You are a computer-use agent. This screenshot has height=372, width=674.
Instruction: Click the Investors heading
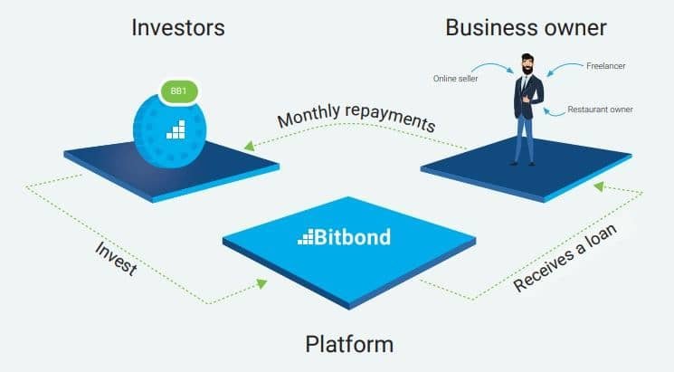pyautogui.click(x=178, y=28)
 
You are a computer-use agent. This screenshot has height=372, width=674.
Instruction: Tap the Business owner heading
pyautogui.click(x=526, y=28)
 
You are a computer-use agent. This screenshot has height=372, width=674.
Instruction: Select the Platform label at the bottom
pyautogui.click(x=349, y=345)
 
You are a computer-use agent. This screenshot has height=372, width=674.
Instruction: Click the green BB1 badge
pyautogui.click(x=179, y=91)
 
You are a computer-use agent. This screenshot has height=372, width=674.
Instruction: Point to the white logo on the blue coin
pyautogui.click(x=176, y=129)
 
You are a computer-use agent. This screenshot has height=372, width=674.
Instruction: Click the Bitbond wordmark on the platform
pyautogui.click(x=344, y=237)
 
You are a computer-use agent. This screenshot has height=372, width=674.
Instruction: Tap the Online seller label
pyautogui.click(x=455, y=79)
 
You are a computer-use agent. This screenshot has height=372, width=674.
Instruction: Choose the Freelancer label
pyautogui.click(x=605, y=66)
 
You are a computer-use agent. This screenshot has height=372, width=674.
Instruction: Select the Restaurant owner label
pyautogui.click(x=600, y=110)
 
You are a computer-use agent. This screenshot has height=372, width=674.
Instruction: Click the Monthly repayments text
pyautogui.click(x=356, y=117)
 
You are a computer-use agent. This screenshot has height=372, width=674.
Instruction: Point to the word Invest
pyautogui.click(x=116, y=258)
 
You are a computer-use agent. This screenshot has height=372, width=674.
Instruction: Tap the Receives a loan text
pyautogui.click(x=565, y=257)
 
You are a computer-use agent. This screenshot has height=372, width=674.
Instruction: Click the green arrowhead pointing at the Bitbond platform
pyautogui.click(x=261, y=283)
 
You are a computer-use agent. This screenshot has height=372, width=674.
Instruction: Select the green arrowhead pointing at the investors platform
pyautogui.click(x=250, y=146)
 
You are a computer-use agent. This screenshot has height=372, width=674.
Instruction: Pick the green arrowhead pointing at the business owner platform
pyautogui.click(x=599, y=186)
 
